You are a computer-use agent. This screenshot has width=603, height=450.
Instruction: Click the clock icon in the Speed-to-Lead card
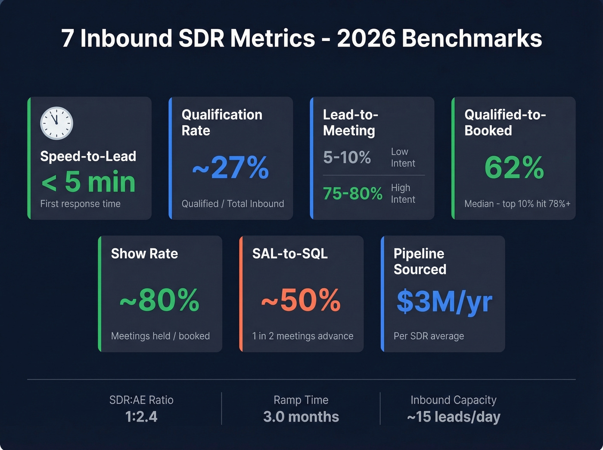click(x=56, y=123)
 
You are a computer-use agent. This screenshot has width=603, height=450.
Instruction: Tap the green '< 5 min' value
click(x=88, y=182)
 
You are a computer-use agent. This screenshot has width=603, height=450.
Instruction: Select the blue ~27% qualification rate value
click(x=230, y=168)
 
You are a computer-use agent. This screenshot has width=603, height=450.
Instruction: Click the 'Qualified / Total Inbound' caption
click(x=233, y=204)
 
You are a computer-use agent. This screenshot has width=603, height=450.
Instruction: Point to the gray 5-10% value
click(x=347, y=158)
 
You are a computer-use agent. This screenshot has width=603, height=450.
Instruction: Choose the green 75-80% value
click(x=352, y=194)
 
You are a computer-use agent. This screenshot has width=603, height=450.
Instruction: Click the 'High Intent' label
click(x=403, y=194)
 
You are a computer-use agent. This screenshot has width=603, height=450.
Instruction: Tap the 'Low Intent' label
click(x=403, y=158)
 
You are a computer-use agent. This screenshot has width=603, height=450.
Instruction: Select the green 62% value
click(x=514, y=168)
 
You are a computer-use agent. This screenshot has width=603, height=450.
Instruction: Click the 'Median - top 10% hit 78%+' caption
click(x=517, y=204)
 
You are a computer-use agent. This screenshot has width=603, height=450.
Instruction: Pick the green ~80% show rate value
click(x=159, y=300)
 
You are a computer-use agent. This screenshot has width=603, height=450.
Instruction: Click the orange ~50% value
click(x=301, y=300)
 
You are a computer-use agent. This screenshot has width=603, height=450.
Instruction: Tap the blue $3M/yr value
click(x=444, y=301)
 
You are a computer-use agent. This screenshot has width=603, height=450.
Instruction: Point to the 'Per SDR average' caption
click(x=429, y=336)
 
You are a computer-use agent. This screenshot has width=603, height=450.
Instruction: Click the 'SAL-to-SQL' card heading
click(x=290, y=254)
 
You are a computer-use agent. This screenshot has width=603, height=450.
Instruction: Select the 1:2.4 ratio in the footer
click(x=141, y=417)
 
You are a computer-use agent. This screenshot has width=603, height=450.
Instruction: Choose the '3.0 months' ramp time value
click(x=301, y=417)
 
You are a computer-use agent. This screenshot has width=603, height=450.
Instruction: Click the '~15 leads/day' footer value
click(x=454, y=417)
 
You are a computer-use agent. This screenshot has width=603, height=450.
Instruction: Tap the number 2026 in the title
click(x=366, y=38)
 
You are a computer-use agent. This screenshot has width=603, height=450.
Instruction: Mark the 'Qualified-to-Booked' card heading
click(x=505, y=123)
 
